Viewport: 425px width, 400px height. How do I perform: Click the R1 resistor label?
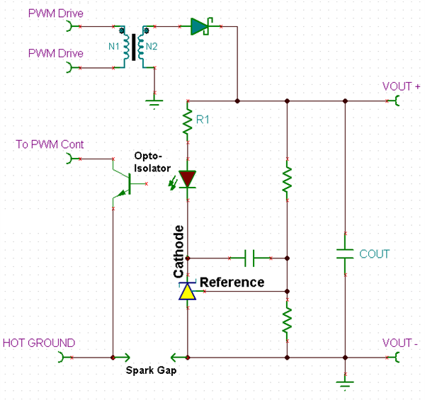[x=204, y=120]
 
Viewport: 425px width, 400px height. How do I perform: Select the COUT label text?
[x=375, y=254]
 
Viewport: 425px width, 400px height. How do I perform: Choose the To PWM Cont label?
[x=50, y=144]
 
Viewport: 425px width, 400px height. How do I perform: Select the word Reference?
[x=232, y=282]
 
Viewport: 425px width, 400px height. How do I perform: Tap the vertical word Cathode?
[x=179, y=251]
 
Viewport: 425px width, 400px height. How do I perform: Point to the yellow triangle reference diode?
[x=188, y=291]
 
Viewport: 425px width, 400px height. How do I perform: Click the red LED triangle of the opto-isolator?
[x=188, y=178]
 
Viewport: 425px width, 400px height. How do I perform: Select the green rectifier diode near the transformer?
[x=200, y=27]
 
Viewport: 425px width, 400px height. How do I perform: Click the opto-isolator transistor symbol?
[x=123, y=181]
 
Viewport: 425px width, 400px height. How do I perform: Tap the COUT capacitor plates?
[x=344, y=254]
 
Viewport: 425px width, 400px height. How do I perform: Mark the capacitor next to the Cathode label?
[x=249, y=258]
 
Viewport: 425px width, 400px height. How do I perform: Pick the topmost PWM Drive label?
[x=55, y=13]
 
